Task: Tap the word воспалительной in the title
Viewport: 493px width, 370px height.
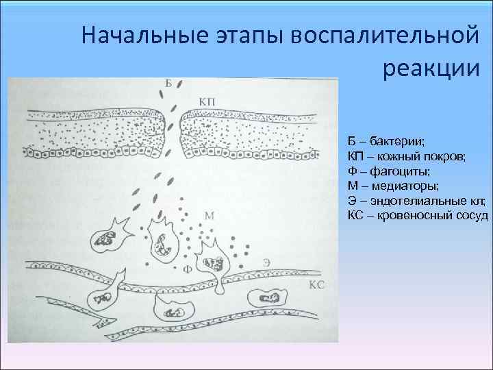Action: click(383, 35)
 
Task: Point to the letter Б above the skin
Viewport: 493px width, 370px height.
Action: click(169, 84)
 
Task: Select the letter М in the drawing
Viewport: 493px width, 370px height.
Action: click(210, 216)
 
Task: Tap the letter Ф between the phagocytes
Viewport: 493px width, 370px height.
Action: click(186, 269)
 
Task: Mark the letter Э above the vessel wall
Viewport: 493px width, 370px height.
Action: click(266, 263)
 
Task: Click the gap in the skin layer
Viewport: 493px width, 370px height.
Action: click(172, 130)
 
